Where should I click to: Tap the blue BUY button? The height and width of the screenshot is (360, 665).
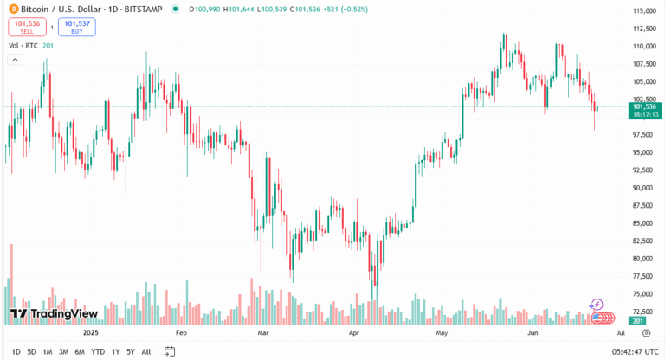tap(77, 28)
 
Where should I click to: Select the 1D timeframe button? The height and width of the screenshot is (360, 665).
tap(15, 352)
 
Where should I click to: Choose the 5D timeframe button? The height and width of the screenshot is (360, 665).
tap(31, 352)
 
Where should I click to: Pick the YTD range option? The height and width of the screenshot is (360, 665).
tap(97, 352)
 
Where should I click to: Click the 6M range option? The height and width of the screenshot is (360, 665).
tap(79, 352)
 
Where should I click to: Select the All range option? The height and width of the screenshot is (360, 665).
tap(145, 352)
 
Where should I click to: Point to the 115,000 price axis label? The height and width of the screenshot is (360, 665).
tap(642, 11)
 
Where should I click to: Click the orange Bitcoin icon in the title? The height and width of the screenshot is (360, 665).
tap(13, 9)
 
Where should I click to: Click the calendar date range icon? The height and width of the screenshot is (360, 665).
tap(171, 352)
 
